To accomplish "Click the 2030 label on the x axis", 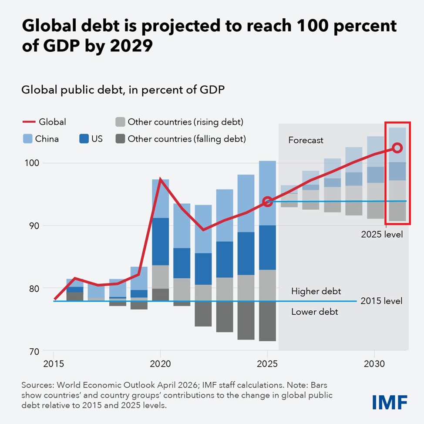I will [x=374, y=363].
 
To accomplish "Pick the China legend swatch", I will [x=27, y=139].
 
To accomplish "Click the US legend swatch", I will [x=84, y=139].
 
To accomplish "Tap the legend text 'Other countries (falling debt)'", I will [x=187, y=139].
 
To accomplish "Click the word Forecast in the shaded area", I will [x=306, y=140].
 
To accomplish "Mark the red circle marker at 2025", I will [x=268, y=201].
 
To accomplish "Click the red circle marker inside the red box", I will [x=397, y=148].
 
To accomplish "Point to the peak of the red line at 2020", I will [x=161, y=179].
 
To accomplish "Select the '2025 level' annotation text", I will [x=382, y=234].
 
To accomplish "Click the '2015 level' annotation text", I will [x=382, y=301].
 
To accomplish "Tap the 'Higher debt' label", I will [x=316, y=291].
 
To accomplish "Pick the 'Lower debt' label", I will [x=314, y=312].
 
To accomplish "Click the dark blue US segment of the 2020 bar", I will [x=161, y=241].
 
